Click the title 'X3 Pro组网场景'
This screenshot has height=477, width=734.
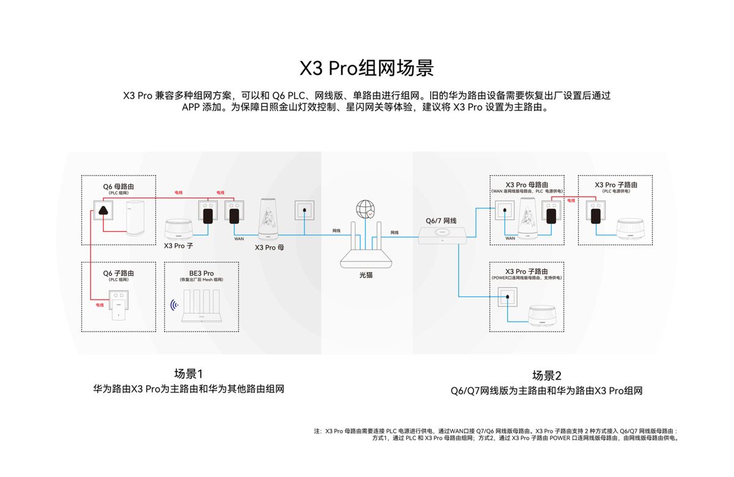coord(366,67)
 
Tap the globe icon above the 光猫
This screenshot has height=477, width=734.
coord(366,209)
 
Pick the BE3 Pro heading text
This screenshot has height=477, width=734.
coord(201,273)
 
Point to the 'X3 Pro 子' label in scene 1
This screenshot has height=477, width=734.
coord(179,245)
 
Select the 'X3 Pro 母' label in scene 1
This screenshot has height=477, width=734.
coord(269,248)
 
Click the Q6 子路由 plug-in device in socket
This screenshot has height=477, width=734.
coord(116,309)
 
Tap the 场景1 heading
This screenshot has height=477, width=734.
coord(188,374)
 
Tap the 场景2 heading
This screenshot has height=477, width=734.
coord(546,375)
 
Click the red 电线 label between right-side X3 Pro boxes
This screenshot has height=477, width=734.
coord(570,201)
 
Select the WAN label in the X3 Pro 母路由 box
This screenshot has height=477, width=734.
coord(510,238)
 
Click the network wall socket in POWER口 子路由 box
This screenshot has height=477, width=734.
coord(507,299)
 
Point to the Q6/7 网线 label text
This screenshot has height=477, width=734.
coord(441,220)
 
